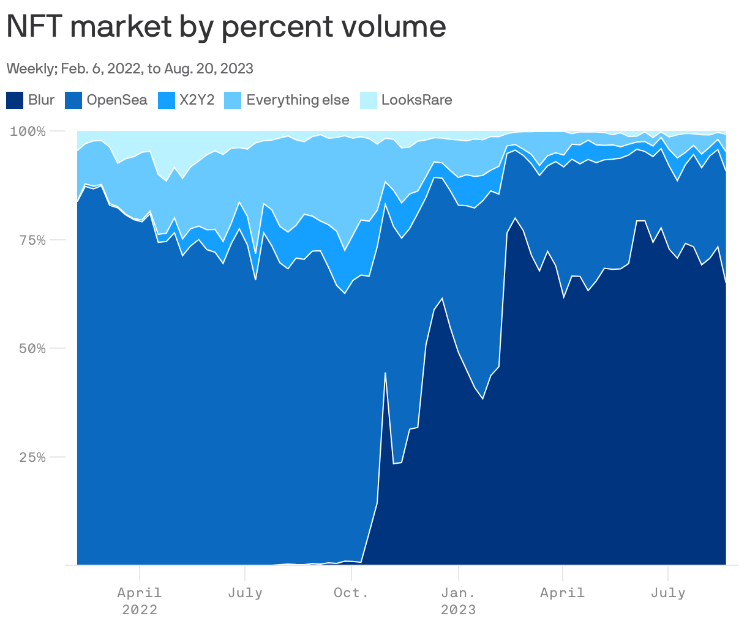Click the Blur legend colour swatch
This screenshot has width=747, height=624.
[x=15, y=100]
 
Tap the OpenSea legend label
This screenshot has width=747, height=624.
[x=117, y=100]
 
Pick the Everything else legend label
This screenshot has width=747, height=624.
[x=298, y=100]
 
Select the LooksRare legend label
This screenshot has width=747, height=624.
[x=416, y=100]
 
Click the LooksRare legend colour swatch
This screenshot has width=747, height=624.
[x=368, y=100]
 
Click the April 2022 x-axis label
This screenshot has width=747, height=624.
[x=140, y=600]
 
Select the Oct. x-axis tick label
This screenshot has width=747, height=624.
[x=351, y=593]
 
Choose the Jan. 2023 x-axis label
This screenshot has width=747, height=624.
[x=458, y=600]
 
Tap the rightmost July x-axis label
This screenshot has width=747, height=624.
[x=667, y=593]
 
